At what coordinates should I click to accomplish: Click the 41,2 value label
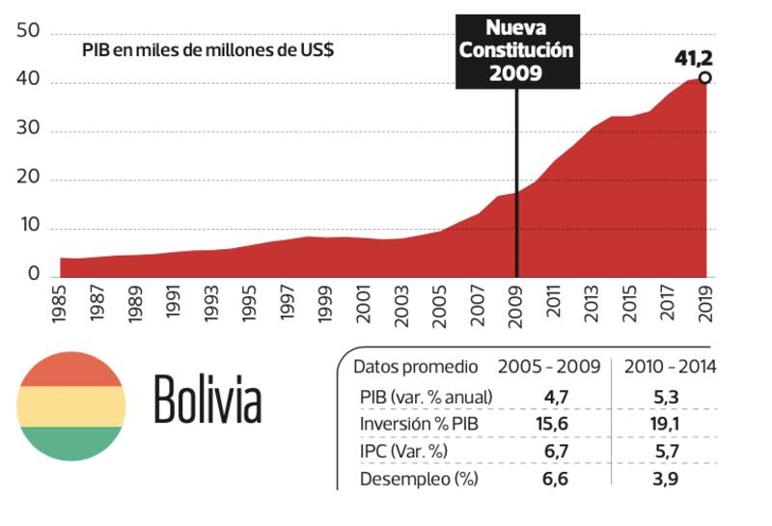click(x=693, y=59)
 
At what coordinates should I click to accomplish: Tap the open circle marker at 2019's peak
click(x=705, y=78)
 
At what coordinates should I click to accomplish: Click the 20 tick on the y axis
click(x=28, y=180)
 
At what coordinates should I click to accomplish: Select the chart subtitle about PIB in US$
click(x=208, y=50)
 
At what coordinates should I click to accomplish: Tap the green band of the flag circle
click(x=71, y=443)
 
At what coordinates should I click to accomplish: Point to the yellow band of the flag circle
click(x=71, y=406)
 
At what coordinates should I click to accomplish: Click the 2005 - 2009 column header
click(x=549, y=367)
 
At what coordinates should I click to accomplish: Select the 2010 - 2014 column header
click(x=670, y=367)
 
